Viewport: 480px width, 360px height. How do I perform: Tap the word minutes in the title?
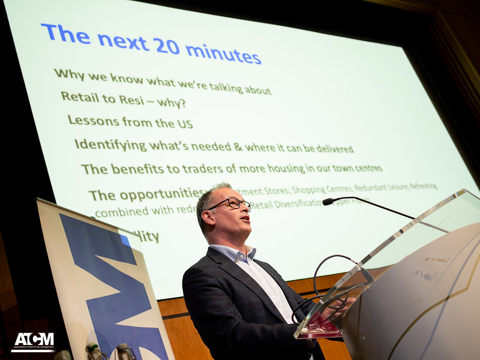(x=223, y=53)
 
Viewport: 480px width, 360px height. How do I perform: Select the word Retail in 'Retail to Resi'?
(x=80, y=97)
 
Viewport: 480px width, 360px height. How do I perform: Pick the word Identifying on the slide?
(x=110, y=145)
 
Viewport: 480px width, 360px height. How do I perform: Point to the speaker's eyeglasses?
(x=231, y=203)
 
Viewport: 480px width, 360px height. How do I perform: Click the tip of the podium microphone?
(x=328, y=202)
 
